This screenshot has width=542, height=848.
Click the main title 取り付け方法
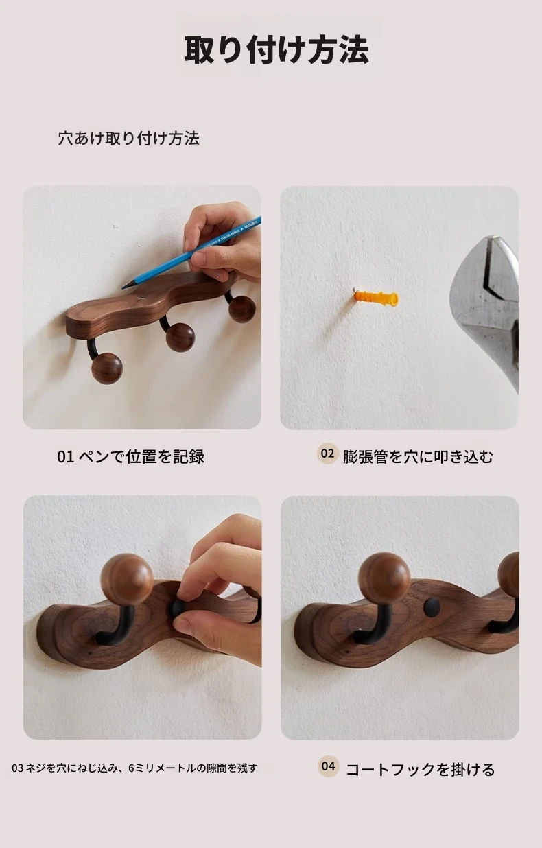(x=276, y=49)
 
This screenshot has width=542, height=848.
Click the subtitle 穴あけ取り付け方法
(x=129, y=139)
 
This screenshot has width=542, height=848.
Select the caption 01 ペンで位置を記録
(x=130, y=456)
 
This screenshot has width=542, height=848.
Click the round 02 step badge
(x=327, y=454)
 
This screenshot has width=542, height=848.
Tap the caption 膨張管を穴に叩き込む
(x=418, y=456)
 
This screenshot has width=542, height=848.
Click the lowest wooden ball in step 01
(x=107, y=368)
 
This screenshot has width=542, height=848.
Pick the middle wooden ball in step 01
(x=180, y=338)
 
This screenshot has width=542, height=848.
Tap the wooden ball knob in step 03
(x=128, y=579)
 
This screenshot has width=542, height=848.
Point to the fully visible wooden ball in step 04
(x=384, y=578)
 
